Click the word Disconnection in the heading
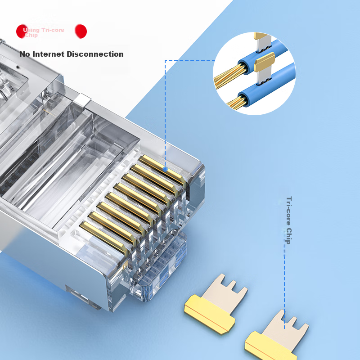pos(95,54)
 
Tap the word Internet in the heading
pos(48,54)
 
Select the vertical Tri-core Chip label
pos(289,220)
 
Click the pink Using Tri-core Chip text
pos(44,32)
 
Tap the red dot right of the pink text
pos(81,31)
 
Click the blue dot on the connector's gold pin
pos(165,169)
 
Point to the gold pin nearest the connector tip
pos(162,169)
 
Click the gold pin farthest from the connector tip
pos(104,237)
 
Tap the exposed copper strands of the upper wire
pos(229,76)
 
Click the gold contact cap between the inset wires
pos(264,62)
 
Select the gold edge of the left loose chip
pos(209,314)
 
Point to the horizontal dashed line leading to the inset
pos(190,60)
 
